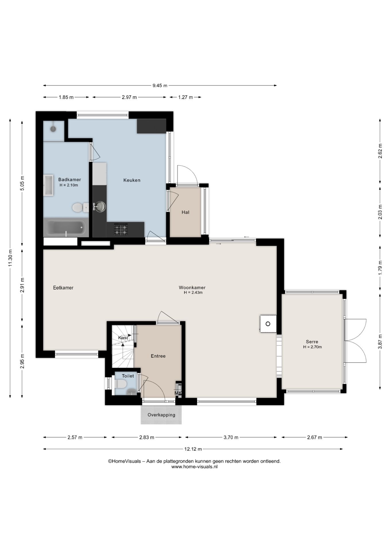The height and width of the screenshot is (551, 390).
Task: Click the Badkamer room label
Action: coord(69,180)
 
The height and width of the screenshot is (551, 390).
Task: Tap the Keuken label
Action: coord(132,180)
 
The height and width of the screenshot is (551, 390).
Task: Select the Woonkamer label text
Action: coord(192,288)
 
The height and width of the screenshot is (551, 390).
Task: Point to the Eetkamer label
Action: coord(63,288)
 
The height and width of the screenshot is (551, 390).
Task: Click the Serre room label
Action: coord(312,342)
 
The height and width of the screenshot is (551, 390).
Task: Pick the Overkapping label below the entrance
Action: coord(161,415)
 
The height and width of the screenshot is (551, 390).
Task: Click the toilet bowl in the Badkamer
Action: coord(80,207)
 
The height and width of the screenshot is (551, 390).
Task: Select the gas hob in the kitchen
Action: coord(121,230)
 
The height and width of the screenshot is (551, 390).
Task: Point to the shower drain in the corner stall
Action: coord(53,129)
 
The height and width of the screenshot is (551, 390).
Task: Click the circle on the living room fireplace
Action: coord(268,324)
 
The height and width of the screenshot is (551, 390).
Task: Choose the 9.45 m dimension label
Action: coord(160,86)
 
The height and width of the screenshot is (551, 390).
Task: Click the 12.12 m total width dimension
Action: coord(193,449)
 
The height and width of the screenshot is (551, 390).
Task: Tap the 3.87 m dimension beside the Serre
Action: coord(380,342)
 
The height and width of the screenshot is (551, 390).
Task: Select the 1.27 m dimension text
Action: coord(186,97)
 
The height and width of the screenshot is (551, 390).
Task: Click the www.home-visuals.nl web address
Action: coord(194,467)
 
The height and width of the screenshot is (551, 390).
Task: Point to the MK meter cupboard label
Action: coord(178,393)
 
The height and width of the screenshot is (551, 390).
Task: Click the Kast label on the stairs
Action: coord(123,338)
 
